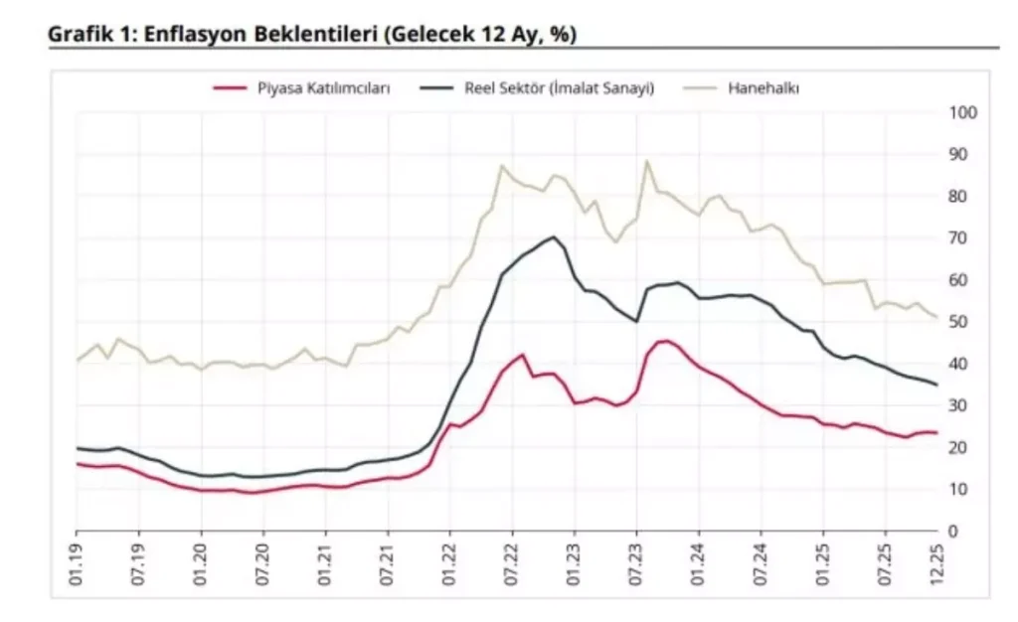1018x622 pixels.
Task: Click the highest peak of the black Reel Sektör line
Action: (553, 236)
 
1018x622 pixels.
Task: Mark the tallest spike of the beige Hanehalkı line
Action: (647, 161)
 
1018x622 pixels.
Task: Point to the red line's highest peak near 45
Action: (665, 341)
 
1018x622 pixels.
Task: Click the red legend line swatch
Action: (230, 87)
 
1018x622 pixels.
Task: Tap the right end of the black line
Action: (937, 385)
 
